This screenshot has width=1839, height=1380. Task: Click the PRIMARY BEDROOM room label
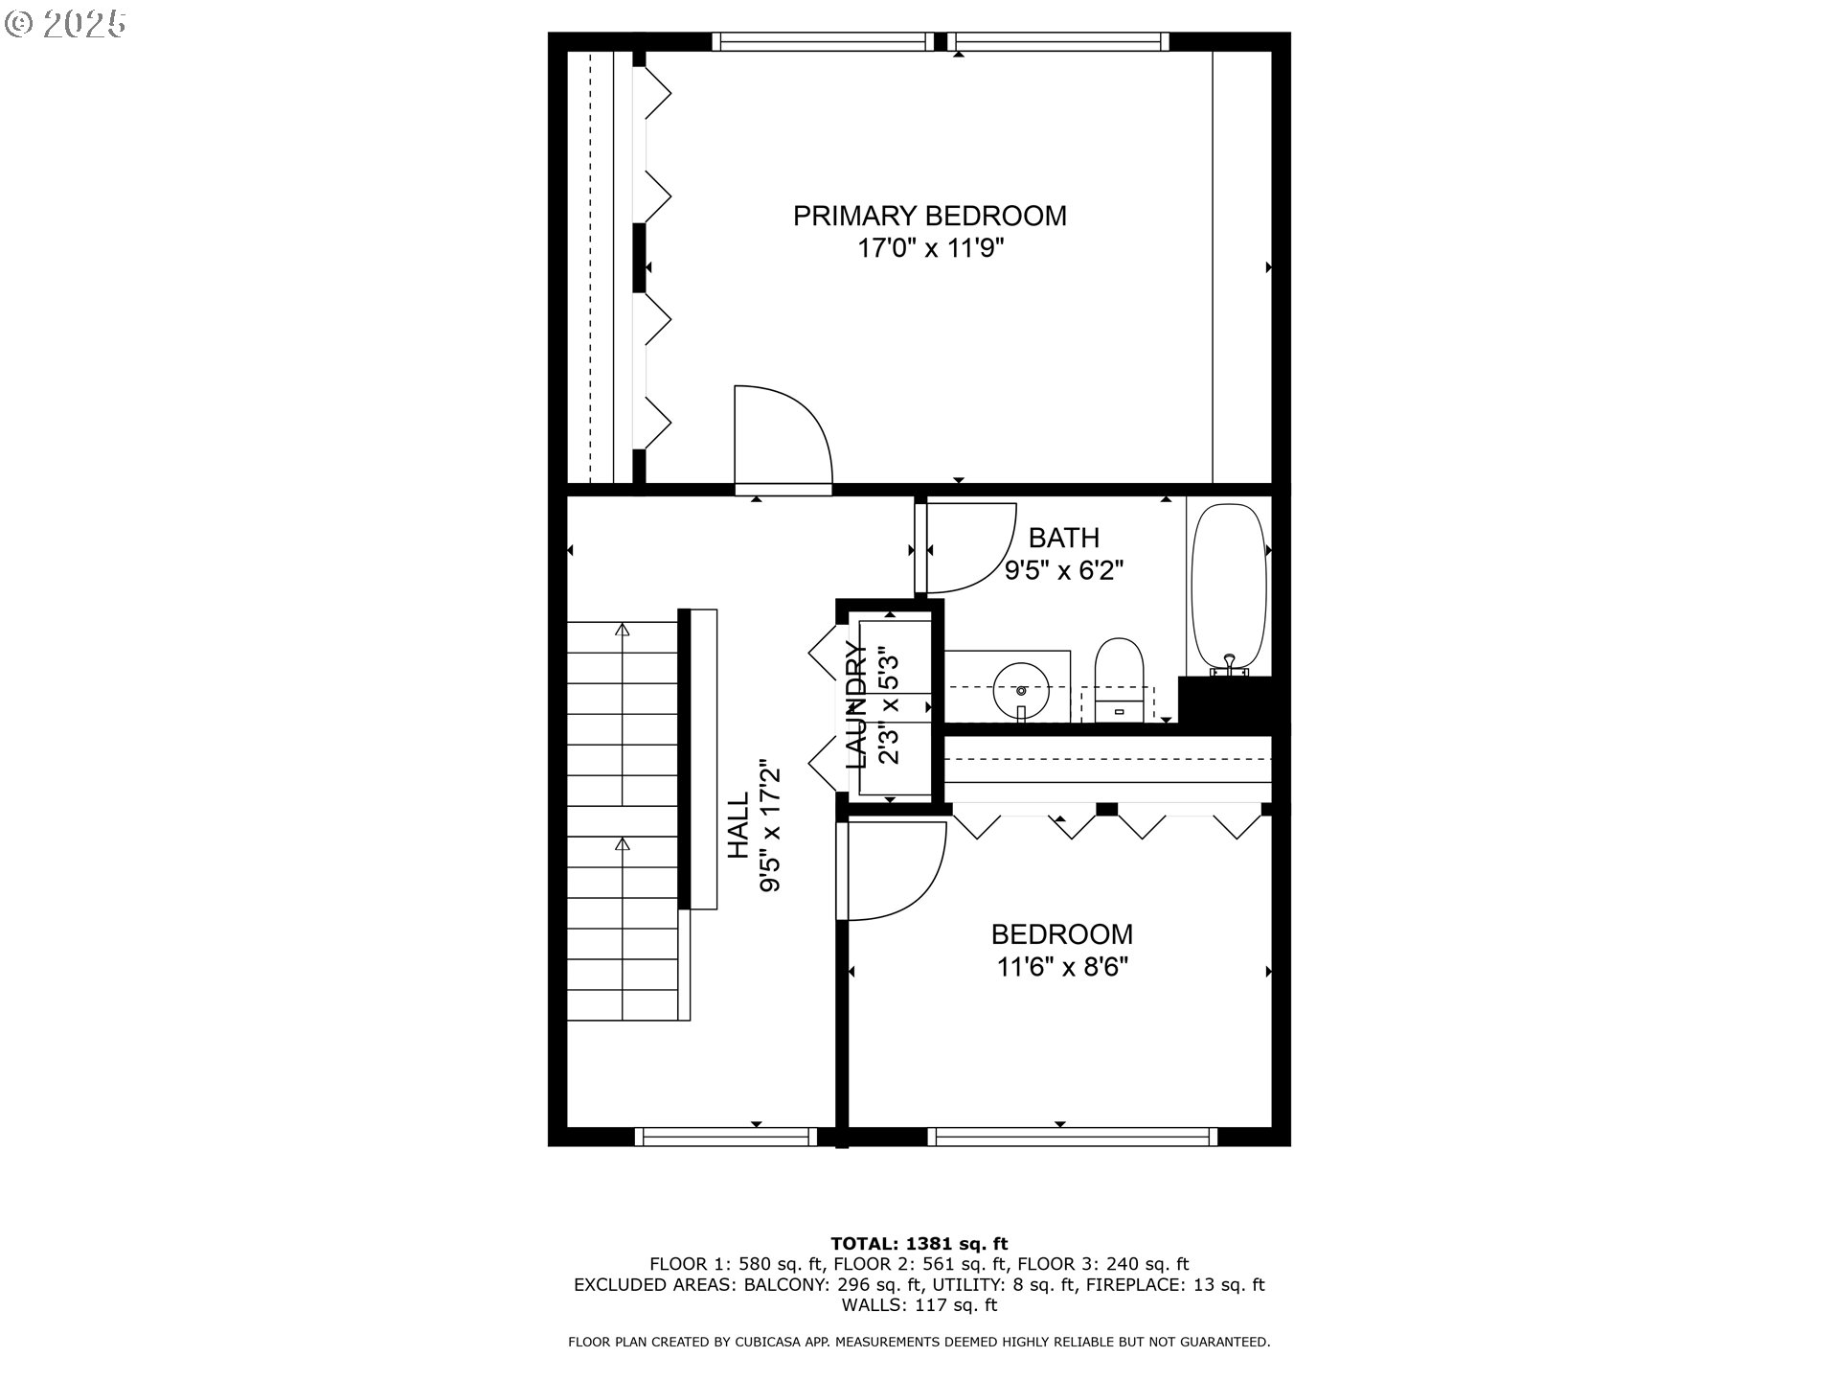929,216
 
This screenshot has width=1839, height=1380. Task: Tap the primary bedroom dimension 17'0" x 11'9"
930,249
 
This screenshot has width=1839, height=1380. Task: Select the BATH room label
1063,538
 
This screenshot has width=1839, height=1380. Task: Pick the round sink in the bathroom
1021,688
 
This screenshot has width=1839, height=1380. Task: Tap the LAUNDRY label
857,705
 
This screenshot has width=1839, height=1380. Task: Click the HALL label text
738,826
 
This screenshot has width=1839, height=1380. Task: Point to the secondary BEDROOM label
1061,934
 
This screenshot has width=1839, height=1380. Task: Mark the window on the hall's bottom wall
726,1137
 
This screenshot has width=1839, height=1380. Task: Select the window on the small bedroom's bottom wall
1073,1137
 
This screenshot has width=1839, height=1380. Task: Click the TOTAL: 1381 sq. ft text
919,1245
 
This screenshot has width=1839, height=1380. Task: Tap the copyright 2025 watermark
65,23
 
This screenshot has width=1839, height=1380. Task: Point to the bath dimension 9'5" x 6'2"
1063,571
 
